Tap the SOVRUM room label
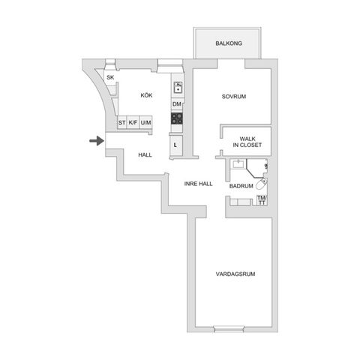[234, 97]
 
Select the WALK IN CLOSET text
[247, 141]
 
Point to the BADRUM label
[241, 185]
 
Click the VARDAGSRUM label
[235, 274]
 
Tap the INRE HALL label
[199, 183]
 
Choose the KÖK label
[146, 95]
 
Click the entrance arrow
[95, 140]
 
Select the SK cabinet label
[110, 78]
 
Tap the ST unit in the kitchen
[121, 122]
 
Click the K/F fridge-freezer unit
[133, 122]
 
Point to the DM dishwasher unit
[177, 103]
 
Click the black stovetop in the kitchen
[178, 118]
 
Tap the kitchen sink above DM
[178, 86]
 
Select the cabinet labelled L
[175, 144]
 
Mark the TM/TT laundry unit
[262, 199]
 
